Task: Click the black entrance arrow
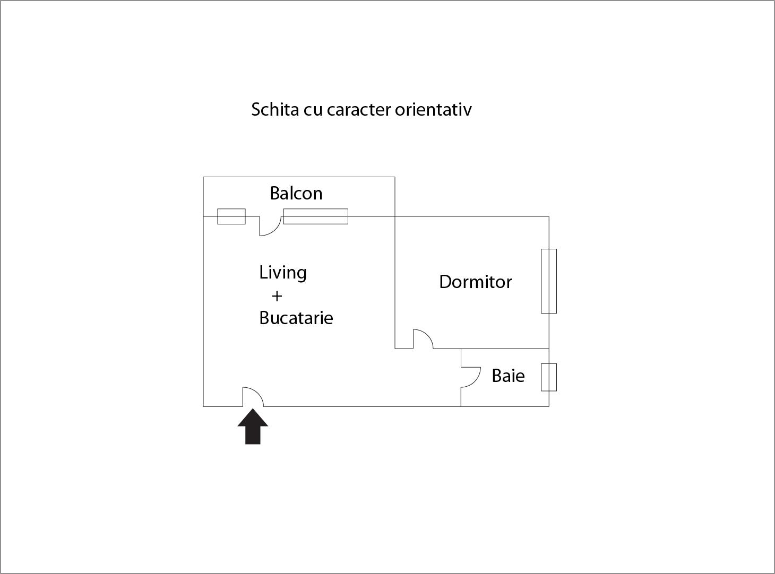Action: [253, 427]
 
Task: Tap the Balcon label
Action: [296, 193]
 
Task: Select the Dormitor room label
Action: [475, 282]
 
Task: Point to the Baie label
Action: [508, 376]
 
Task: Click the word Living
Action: [283, 273]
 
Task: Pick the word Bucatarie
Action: [296, 318]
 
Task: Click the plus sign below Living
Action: [277, 296]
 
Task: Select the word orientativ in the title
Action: [433, 109]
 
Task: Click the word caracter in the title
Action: [358, 110]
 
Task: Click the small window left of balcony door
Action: [231, 216]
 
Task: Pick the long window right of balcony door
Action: [315, 216]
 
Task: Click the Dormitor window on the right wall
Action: [549, 281]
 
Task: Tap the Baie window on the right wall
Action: [549, 377]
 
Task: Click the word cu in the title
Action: [313, 111]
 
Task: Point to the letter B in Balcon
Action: [274, 194]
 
